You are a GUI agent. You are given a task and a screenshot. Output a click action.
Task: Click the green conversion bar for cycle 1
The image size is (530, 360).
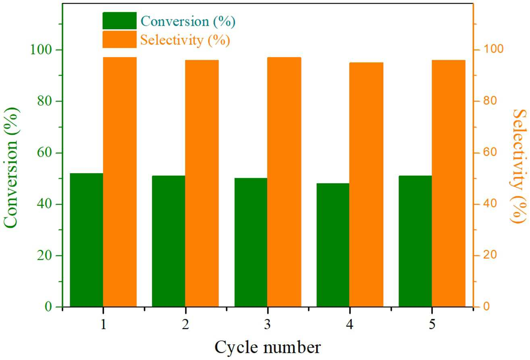pyautogui.click(x=86, y=240)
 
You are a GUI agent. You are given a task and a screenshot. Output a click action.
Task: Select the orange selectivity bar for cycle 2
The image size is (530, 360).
pyautogui.click(x=202, y=184)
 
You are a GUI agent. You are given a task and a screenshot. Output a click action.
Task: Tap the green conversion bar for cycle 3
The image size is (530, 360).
pyautogui.click(x=251, y=242)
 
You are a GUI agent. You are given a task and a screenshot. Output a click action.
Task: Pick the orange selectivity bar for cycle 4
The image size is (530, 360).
pyautogui.click(x=366, y=184)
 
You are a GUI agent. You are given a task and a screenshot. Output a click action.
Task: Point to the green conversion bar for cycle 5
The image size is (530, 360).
pyautogui.click(x=415, y=241)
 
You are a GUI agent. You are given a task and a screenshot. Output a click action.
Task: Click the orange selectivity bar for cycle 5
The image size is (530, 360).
pyautogui.click(x=449, y=184)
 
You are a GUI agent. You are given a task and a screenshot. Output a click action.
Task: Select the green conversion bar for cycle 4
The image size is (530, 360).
pyautogui.click(x=333, y=245)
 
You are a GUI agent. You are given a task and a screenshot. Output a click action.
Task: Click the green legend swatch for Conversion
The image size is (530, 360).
pyautogui.click(x=119, y=21)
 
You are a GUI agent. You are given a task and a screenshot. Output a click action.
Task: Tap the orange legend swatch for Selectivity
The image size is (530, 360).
pyautogui.click(x=119, y=39)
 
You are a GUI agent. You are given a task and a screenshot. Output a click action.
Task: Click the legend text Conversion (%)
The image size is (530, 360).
pyautogui.click(x=188, y=21)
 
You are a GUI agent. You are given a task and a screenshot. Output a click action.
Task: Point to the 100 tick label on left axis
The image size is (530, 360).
pyautogui.click(x=42, y=50)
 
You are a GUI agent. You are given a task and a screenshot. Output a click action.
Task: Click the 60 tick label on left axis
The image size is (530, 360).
pyautogui.click(x=44, y=153)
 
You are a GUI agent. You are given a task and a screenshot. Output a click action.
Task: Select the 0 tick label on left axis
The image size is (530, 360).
pyautogui.click(x=48, y=307)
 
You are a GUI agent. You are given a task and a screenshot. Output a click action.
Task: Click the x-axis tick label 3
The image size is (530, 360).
pyautogui.click(x=267, y=324)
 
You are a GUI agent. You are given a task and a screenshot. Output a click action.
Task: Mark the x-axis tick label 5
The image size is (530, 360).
pyautogui.click(x=432, y=324)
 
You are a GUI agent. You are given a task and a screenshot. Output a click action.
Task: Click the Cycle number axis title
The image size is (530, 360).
pyautogui.click(x=268, y=348)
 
